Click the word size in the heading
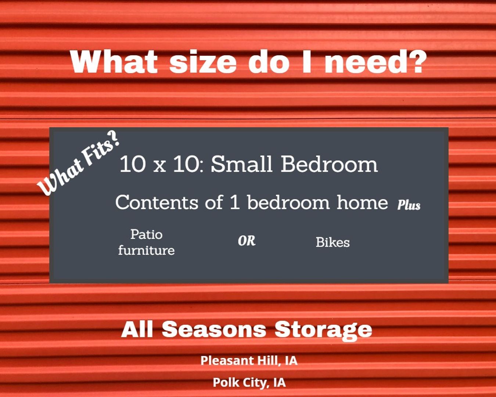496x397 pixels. pos(203,62)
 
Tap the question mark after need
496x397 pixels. pos(414,61)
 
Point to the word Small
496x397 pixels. pos(242,164)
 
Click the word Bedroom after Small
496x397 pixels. pos(329,164)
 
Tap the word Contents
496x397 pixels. pos(157,202)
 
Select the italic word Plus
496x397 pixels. pos(409,204)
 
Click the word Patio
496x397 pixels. pos(147,235)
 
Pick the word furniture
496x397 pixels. pos(146,250)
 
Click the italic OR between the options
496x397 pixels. pos(247,241)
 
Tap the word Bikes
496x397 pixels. pos(333,242)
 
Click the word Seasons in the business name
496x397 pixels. pos(214,329)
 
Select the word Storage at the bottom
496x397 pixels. pos(323,330)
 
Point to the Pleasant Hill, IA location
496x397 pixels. pos(249,360)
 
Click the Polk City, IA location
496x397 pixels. pos(249,382)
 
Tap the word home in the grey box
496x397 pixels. pos(362,202)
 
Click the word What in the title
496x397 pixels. pos(114,61)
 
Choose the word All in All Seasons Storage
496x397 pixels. pos(137,329)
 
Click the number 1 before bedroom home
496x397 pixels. pos(235,202)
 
